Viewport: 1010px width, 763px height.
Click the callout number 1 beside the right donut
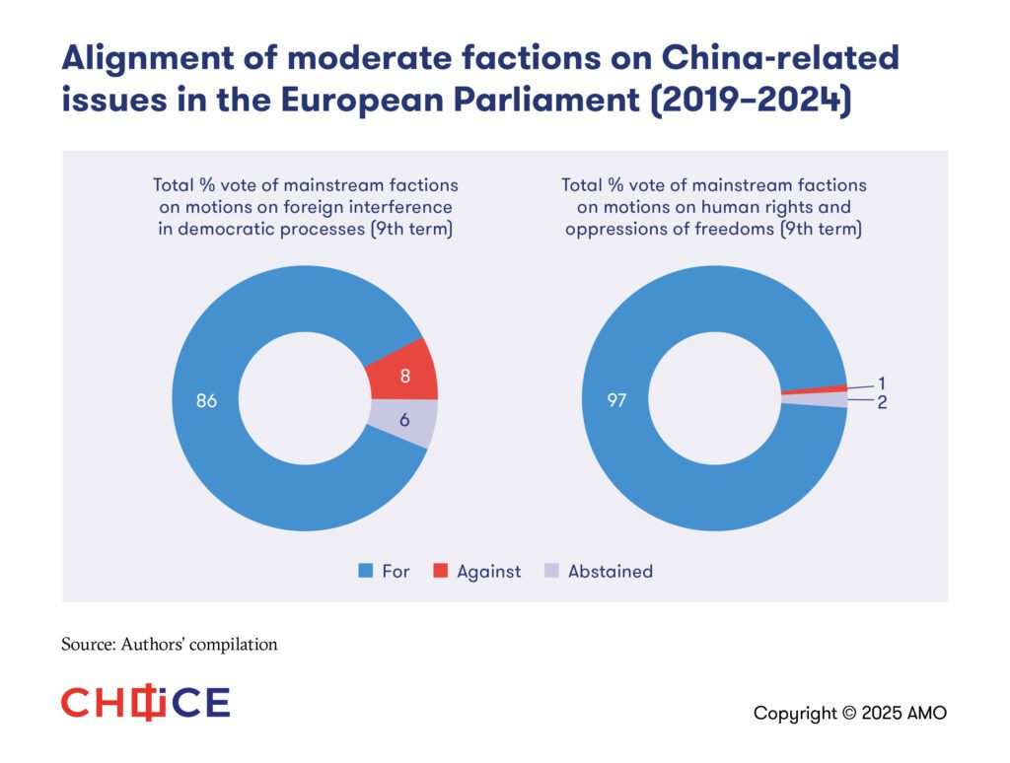click(x=882, y=382)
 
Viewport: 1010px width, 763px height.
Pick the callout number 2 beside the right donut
click(x=883, y=402)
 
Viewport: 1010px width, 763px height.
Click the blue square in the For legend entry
click(x=365, y=571)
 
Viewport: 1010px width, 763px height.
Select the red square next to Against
click(x=439, y=571)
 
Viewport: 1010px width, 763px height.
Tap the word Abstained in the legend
click(x=610, y=571)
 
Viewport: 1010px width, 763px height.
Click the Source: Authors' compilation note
click(x=170, y=645)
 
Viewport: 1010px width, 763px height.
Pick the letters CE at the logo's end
click(x=204, y=703)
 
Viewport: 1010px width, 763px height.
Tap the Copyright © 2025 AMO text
click(x=849, y=713)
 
